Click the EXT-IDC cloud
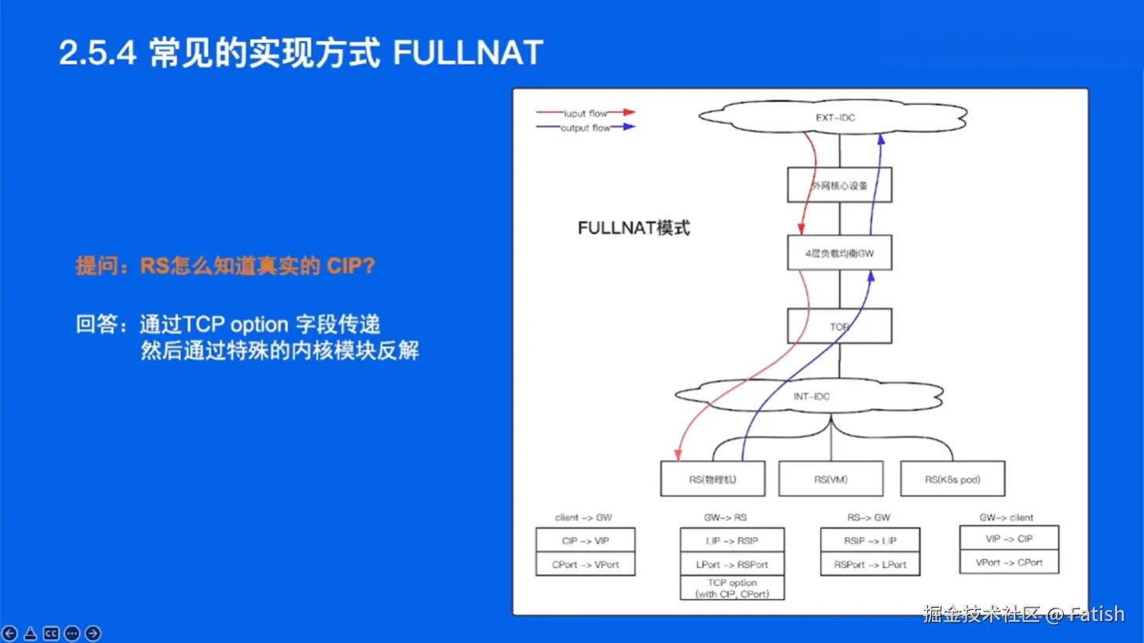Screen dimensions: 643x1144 point(834,118)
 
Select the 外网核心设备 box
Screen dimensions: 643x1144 point(839,185)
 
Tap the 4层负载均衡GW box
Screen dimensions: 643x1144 point(839,253)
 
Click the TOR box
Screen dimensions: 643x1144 point(839,326)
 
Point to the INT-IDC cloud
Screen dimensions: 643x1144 point(811,396)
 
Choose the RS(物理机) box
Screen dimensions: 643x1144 point(712,479)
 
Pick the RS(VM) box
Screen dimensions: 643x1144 point(830,479)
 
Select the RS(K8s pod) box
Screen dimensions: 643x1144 point(952,479)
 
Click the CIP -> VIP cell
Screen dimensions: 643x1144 point(585,540)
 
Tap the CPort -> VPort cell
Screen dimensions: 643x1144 point(585,564)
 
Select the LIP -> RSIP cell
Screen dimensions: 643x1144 point(732,540)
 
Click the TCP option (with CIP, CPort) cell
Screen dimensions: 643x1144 point(732,588)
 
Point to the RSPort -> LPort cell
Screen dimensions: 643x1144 point(870,564)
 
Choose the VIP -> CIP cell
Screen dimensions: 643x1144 point(1009,539)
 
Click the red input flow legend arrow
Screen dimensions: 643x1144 point(624,113)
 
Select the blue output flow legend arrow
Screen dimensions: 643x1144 point(624,127)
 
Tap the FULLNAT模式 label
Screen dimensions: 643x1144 point(634,228)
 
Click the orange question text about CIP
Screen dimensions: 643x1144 point(225,266)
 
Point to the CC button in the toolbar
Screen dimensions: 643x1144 point(51,633)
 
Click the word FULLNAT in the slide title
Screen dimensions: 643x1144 point(467,53)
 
